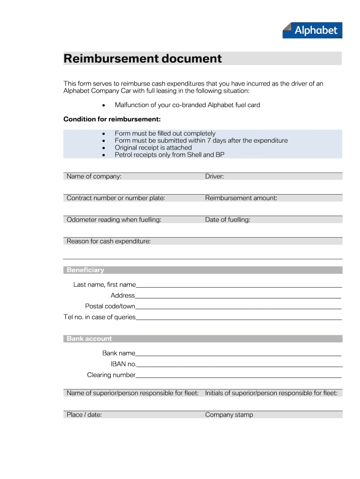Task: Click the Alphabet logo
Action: (x=312, y=30)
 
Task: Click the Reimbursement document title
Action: (x=143, y=58)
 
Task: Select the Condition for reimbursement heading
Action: (x=112, y=119)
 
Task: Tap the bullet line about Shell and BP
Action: (x=169, y=154)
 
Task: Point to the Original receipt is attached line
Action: (x=153, y=147)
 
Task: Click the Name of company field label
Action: (x=94, y=176)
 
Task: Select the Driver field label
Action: (x=214, y=176)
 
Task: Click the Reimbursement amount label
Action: (x=241, y=198)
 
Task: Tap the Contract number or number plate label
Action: (x=115, y=198)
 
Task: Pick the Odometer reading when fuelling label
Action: (x=114, y=219)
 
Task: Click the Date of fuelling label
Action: (x=227, y=219)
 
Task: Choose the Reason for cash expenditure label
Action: (x=108, y=241)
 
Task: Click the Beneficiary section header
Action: (x=86, y=270)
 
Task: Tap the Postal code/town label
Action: (x=110, y=306)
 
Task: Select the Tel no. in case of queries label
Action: (x=100, y=317)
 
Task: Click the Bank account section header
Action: (x=89, y=339)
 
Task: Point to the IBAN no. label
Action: (x=123, y=364)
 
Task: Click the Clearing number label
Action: (x=111, y=375)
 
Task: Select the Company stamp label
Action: (x=229, y=414)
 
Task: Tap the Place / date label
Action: (x=84, y=414)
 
